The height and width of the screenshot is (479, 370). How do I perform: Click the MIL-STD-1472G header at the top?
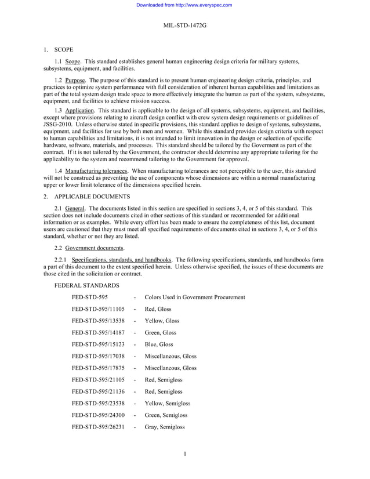(x=184, y=26)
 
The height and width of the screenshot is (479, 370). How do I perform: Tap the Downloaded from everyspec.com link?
(x=184, y=5)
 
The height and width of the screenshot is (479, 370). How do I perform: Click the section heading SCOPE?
(x=64, y=50)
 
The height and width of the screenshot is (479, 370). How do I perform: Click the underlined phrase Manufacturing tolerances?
(x=96, y=171)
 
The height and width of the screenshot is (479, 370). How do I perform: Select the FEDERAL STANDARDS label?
(x=86, y=286)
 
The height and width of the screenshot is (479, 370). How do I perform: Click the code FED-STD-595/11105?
(x=98, y=309)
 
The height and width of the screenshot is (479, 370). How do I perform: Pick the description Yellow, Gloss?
(x=162, y=321)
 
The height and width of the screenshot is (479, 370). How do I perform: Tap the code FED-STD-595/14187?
(x=98, y=333)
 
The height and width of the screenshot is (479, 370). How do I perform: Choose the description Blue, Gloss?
(x=159, y=344)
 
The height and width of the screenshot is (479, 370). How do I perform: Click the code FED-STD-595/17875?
(x=98, y=368)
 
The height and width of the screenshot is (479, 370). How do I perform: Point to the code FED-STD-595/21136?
(x=98, y=391)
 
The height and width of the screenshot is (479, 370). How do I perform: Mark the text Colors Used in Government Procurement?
(x=194, y=297)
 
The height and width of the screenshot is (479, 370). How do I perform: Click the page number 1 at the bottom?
(x=184, y=454)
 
